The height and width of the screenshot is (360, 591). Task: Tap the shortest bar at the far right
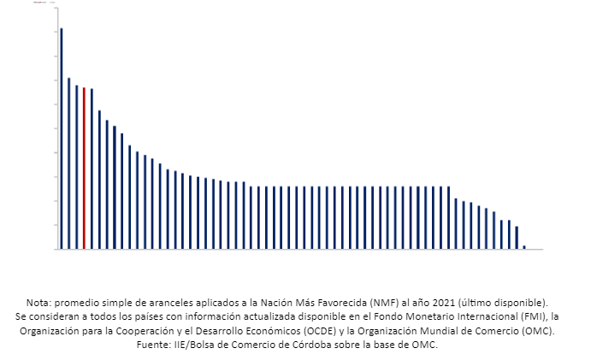[x=524, y=247]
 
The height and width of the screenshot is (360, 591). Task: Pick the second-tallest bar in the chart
[x=69, y=163]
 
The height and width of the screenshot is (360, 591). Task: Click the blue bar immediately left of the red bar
[x=76, y=168]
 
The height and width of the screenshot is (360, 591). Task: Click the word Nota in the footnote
[x=39, y=303]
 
